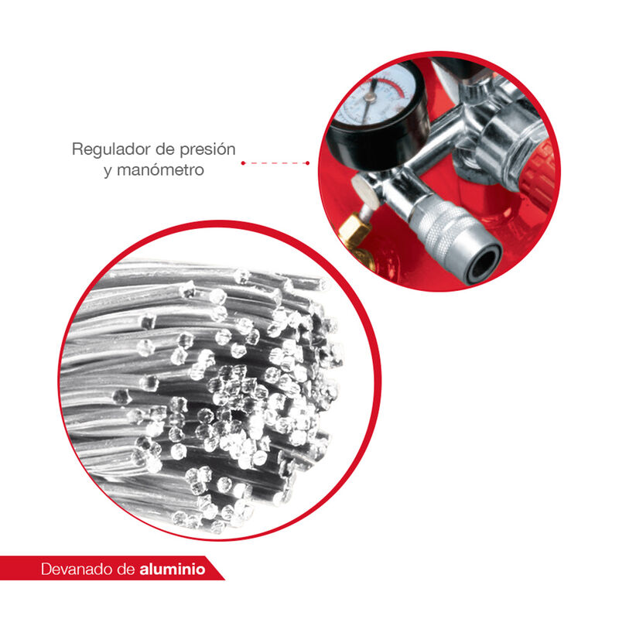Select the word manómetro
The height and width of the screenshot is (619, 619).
click(x=160, y=169)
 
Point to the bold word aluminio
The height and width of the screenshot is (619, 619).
click(x=172, y=569)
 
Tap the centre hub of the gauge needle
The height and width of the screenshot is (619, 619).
click(x=371, y=97)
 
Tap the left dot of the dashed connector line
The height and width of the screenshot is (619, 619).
click(x=243, y=163)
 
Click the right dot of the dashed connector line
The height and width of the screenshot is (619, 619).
click(x=307, y=163)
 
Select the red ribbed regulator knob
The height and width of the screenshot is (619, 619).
click(x=538, y=173)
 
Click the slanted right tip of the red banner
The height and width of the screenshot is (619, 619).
click(x=224, y=580)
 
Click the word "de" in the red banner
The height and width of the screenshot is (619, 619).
click(x=126, y=569)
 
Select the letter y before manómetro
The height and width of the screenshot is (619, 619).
click(x=108, y=171)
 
